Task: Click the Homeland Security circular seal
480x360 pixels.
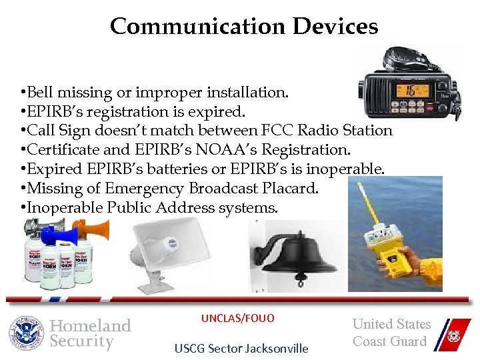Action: point(27,333)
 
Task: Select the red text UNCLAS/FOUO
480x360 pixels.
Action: point(238,319)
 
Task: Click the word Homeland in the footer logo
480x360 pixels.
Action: point(91,325)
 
